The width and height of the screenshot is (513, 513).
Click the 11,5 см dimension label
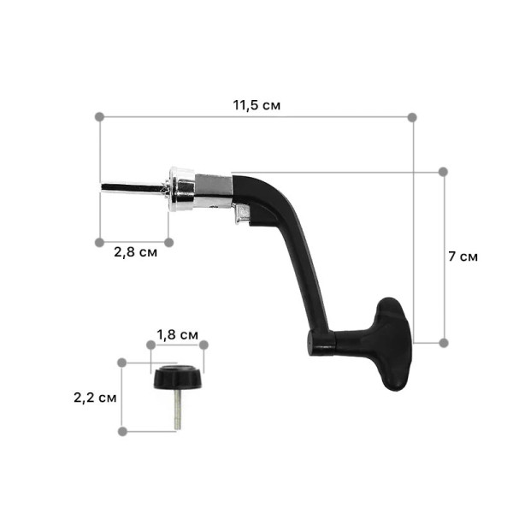[x=256, y=105]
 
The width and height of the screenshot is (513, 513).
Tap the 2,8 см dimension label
[x=135, y=252]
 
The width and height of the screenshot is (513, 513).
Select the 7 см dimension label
[x=463, y=256]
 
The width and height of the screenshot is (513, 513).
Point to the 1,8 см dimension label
[x=177, y=334]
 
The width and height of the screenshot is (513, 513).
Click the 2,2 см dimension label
[x=95, y=398]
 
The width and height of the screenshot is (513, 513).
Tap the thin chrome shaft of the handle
[x=133, y=188]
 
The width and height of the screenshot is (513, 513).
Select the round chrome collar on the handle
[x=182, y=190]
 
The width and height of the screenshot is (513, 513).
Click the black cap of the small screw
[x=179, y=377]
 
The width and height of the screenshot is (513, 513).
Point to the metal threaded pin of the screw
[x=178, y=410]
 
